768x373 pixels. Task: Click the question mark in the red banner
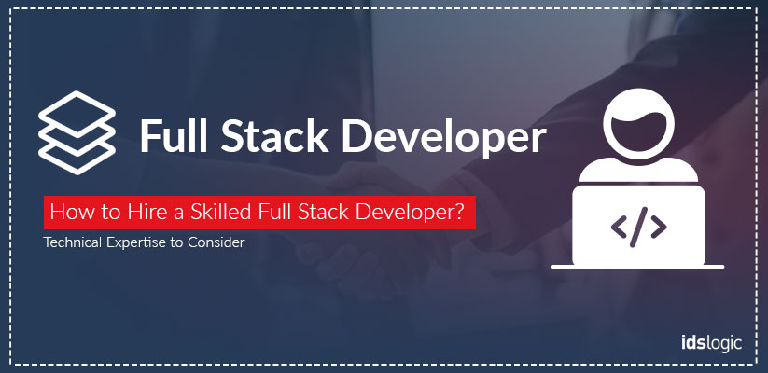[x=458, y=213]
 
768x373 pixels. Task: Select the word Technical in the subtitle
[x=73, y=242]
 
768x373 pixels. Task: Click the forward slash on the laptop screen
[x=638, y=227]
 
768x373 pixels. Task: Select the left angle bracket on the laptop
[x=619, y=227]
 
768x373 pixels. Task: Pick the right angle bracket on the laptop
[x=658, y=227]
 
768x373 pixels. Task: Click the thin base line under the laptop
[x=637, y=267]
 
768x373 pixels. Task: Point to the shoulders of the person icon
[x=638, y=171]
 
